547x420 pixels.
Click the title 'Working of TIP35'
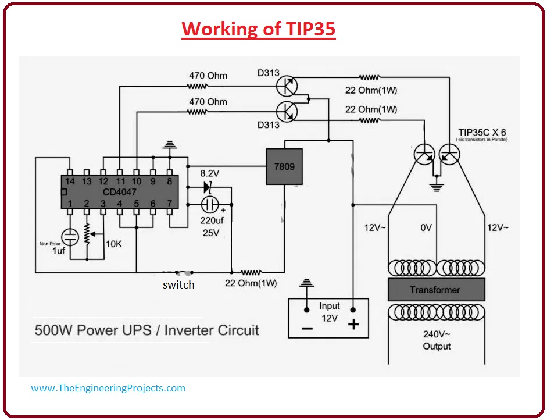[259, 29]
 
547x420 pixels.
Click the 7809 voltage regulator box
[284, 166]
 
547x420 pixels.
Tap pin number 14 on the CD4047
[70, 181]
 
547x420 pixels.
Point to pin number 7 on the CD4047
[170, 203]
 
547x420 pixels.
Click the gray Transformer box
[435, 289]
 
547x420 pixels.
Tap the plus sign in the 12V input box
[353, 325]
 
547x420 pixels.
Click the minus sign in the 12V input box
[307, 328]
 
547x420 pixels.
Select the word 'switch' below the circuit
[178, 285]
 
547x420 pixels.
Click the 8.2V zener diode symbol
[208, 187]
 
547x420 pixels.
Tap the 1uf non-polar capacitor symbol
[70, 236]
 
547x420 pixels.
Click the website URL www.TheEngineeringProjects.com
[108, 388]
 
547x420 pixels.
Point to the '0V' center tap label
[426, 228]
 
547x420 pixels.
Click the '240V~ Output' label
[436, 340]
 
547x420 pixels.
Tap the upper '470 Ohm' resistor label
[208, 76]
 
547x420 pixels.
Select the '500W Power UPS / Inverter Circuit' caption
[146, 330]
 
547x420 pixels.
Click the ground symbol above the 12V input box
[307, 284]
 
